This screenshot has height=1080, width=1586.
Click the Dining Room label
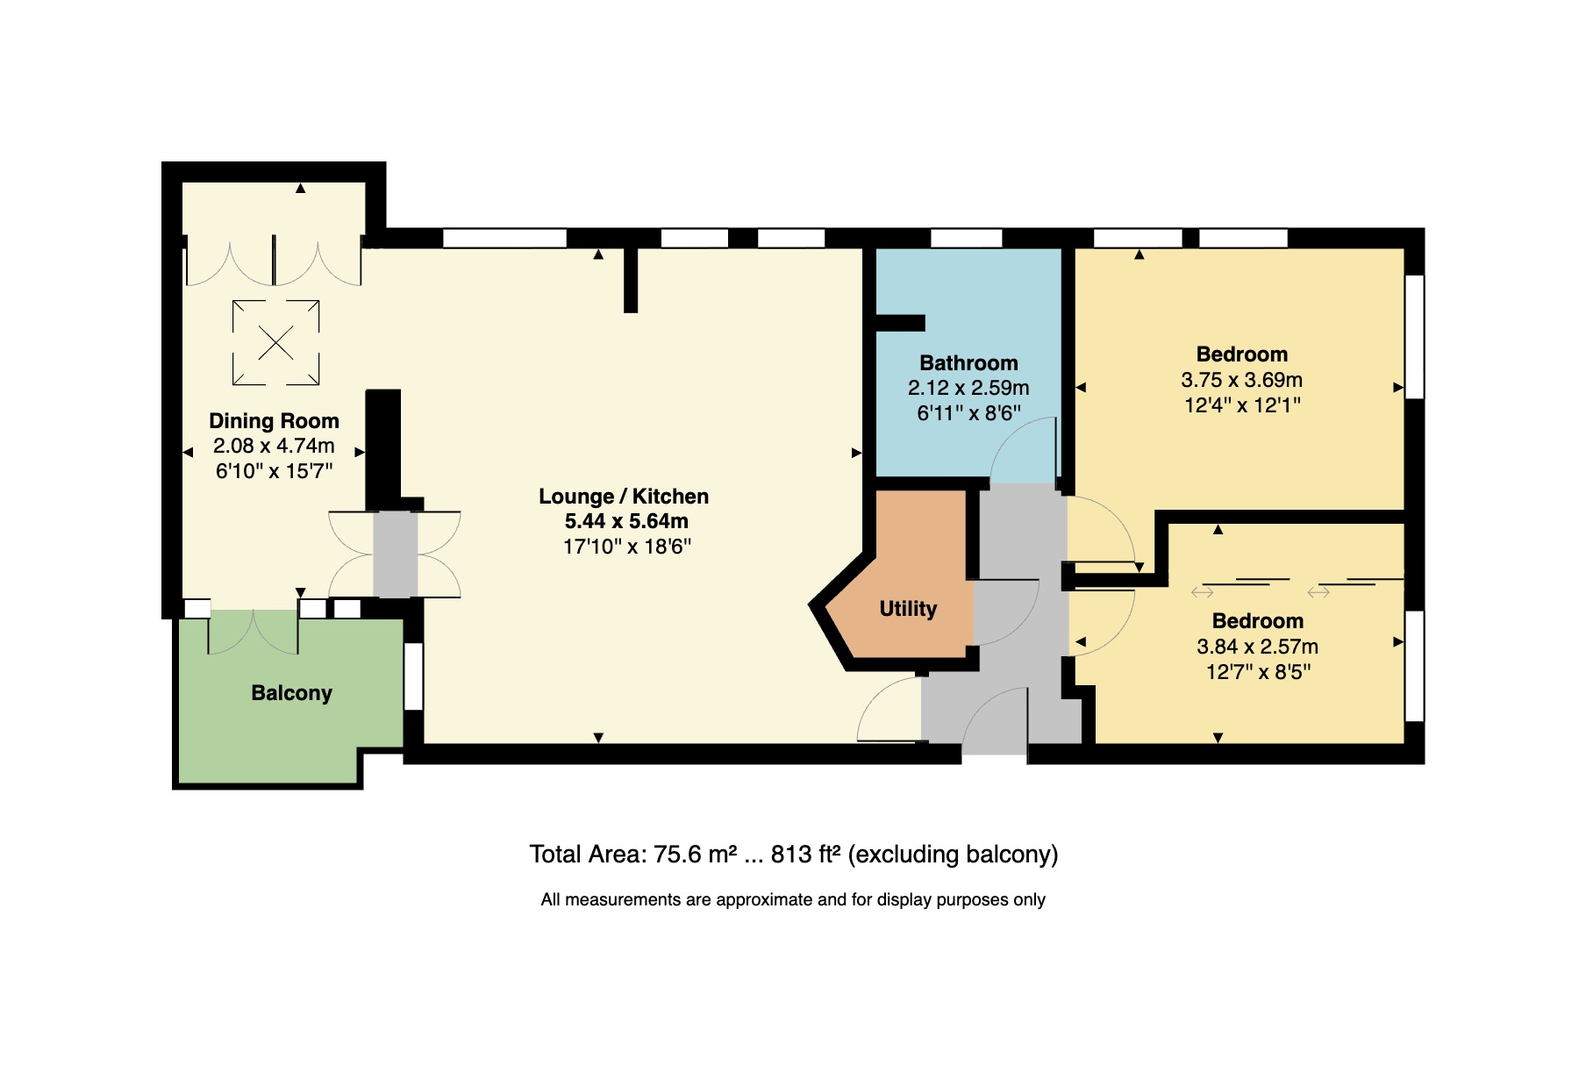pos(274,421)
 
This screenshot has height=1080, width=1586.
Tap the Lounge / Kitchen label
pos(624,497)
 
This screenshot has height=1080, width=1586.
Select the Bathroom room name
pos(968,363)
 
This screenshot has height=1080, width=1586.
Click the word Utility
pos(908,609)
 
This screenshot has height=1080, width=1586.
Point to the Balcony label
pos(291,693)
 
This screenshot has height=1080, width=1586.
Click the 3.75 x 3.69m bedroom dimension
pos(1241,380)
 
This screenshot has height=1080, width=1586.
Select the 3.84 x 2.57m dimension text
pos(1257,647)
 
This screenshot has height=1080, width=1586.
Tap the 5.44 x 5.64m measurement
pos(625,521)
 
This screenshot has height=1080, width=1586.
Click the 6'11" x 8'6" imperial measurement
pos(968,413)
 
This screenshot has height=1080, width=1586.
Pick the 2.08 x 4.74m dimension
pos(274,446)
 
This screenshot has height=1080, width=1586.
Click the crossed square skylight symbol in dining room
pos(275,343)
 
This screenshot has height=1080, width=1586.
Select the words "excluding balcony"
pos(954,855)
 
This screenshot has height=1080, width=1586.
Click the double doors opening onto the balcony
pos(253,632)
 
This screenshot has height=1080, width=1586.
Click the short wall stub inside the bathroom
pos(901,323)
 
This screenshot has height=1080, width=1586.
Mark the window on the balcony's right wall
pos(413,676)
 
